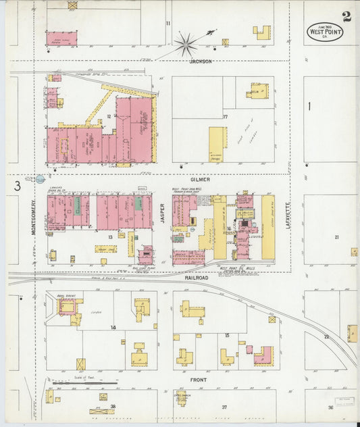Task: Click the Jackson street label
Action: point(201,61)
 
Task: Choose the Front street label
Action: point(198,380)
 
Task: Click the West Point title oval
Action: point(325,31)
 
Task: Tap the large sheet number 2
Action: point(346,16)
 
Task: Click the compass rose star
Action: point(185,45)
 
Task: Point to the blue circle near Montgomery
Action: point(40,179)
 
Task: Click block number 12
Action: point(108,116)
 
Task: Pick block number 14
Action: point(113,327)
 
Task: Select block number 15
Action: point(227,335)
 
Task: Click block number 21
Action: point(336,237)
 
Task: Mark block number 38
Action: point(113,407)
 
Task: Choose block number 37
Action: point(224,407)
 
